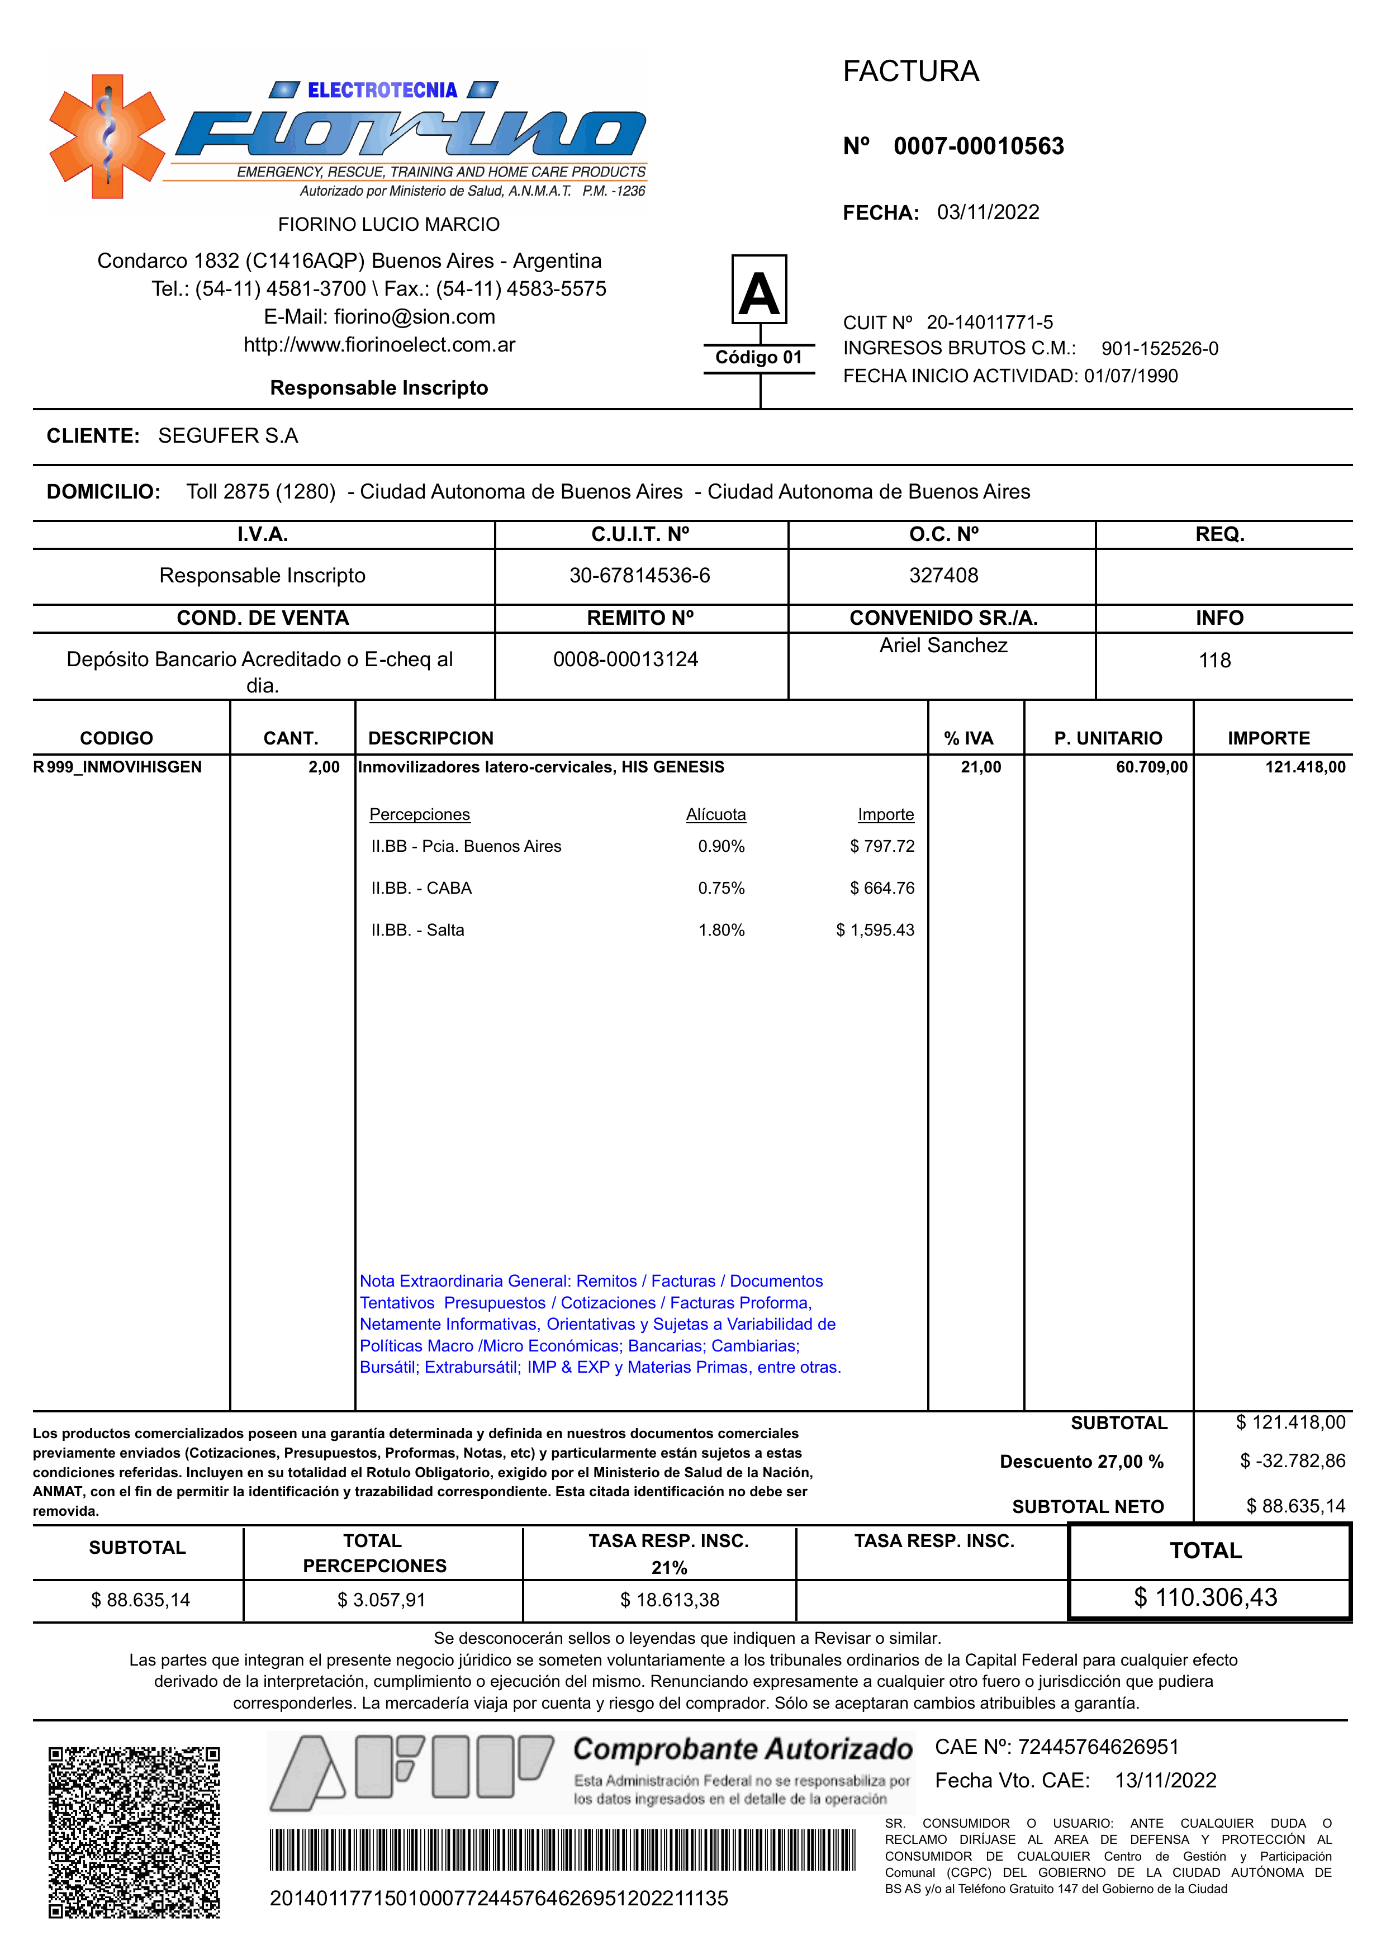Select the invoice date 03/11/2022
tap(988, 212)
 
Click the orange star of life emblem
tap(107, 136)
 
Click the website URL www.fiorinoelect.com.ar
tap(380, 345)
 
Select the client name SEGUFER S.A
tap(228, 435)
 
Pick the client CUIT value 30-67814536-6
tap(639, 575)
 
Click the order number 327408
tap(943, 575)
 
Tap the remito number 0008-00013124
tap(625, 659)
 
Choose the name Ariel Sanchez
tap(943, 646)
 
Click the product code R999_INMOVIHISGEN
tap(118, 766)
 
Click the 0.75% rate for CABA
tap(721, 888)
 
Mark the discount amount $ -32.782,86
tap(1292, 1460)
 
